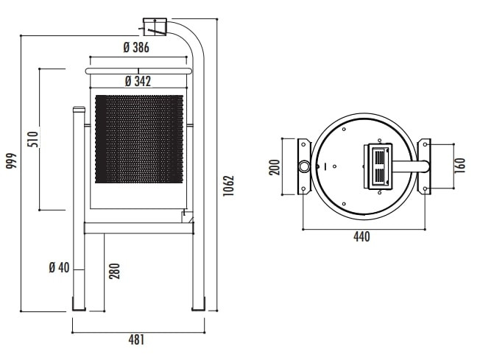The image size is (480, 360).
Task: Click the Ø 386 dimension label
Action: [136, 47]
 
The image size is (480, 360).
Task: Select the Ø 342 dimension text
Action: [138, 82]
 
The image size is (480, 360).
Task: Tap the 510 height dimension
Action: [33, 139]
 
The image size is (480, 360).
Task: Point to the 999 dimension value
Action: [11, 160]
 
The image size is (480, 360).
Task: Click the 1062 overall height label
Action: [228, 186]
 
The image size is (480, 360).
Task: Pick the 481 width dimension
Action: [136, 340]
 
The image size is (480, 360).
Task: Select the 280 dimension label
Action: [115, 271]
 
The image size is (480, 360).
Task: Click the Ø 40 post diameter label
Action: [59, 267]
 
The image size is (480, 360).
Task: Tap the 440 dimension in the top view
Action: [361, 236]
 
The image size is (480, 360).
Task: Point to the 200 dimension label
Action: [275, 167]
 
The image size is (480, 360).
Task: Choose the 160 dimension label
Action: [460, 166]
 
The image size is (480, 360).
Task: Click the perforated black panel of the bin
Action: [139, 139]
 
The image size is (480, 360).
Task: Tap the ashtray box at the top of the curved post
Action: [155, 27]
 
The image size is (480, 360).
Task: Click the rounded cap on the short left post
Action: [79, 109]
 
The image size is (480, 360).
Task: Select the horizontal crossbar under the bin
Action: [139, 228]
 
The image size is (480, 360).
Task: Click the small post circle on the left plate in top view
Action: [304, 166]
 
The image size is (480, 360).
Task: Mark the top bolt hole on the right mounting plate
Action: [426, 144]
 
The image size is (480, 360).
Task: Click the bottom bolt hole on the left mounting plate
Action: [303, 189]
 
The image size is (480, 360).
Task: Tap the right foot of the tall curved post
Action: [198, 304]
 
